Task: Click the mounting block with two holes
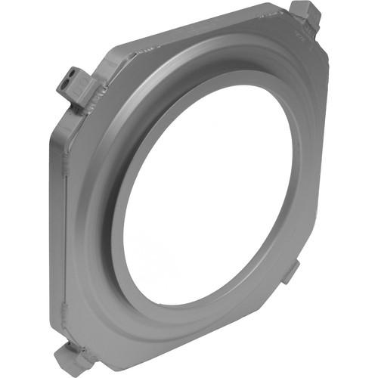[73, 85]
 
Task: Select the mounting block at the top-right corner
[306, 17]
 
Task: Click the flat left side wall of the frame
[59, 227]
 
